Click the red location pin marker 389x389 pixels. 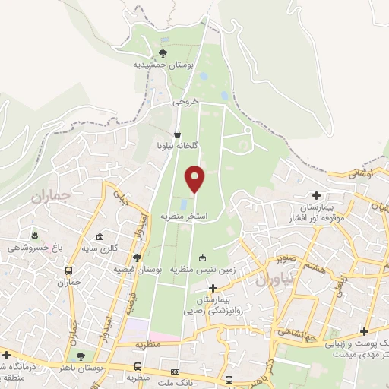pyautogui.click(x=196, y=179)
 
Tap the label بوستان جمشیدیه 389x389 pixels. pyautogui.click(x=163, y=65)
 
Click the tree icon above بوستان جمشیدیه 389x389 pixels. pyautogui.click(x=163, y=52)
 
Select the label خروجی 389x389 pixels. pyautogui.click(x=184, y=101)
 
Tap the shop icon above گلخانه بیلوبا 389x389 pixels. pyautogui.click(x=177, y=134)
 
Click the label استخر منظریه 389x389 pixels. pyautogui.click(x=182, y=217)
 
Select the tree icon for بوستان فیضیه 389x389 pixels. pyautogui.click(x=137, y=257)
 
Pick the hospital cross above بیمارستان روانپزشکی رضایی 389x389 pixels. pyautogui.click(x=213, y=288)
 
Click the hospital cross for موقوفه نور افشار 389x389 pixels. pyautogui.click(x=315, y=195)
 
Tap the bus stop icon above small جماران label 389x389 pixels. pyautogui.click(x=69, y=270)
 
